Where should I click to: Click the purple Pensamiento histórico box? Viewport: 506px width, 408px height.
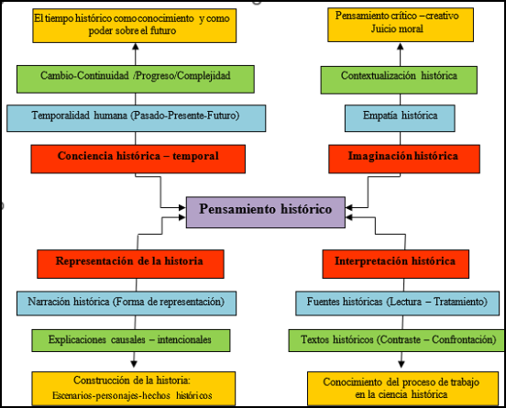pyautogui.click(x=266, y=212)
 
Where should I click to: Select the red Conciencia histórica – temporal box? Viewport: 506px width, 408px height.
pyautogui.click(x=138, y=159)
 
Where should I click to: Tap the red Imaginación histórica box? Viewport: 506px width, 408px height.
pyautogui.click(x=404, y=159)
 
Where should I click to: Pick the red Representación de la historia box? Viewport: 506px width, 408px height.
pyautogui.click(x=130, y=264)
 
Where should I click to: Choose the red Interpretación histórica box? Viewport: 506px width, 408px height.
pyautogui.click(x=396, y=264)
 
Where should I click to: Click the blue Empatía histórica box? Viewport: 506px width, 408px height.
pyautogui.click(x=400, y=118)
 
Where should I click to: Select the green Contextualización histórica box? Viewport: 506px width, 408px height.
pyautogui.click(x=399, y=80)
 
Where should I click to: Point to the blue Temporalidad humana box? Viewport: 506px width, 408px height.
pyautogui.click(x=137, y=118)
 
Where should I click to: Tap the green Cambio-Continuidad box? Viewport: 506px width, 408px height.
pyautogui.click(x=136, y=80)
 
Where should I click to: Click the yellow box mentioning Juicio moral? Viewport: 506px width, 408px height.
pyautogui.click(x=401, y=25)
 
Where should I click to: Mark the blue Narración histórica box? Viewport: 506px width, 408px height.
pyautogui.click(x=126, y=303)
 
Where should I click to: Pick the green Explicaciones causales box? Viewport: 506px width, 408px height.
pyautogui.click(x=131, y=340)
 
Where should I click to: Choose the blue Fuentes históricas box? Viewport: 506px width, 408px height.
pyautogui.click(x=397, y=303)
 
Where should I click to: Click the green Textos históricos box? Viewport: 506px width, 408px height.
pyautogui.click(x=396, y=340)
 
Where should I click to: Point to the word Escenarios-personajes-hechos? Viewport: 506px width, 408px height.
pyautogui.click(x=111, y=395)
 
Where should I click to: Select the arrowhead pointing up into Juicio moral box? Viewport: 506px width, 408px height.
pyautogui.click(x=401, y=47)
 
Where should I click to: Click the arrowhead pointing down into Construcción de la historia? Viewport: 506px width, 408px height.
pyautogui.click(x=134, y=364)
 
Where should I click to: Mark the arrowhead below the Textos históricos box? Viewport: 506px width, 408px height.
pyautogui.click(x=401, y=364)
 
